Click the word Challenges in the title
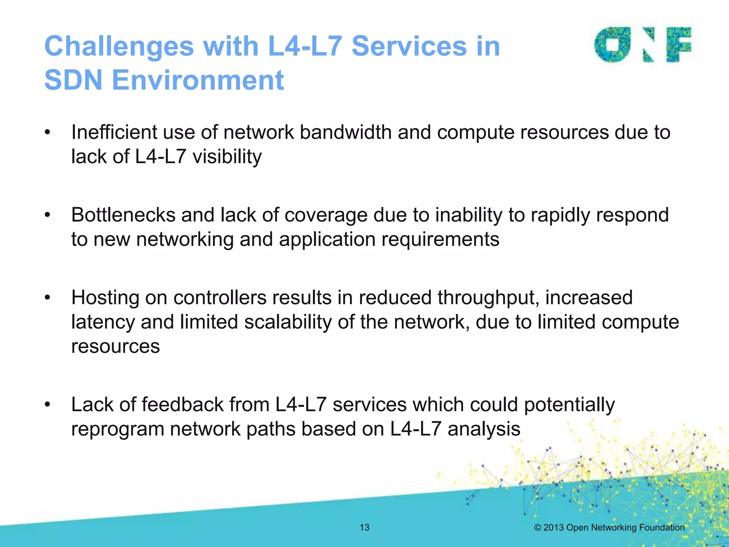click(x=119, y=47)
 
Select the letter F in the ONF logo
click(x=679, y=45)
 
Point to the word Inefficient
click(x=114, y=132)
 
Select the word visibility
click(x=227, y=156)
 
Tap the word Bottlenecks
click(x=123, y=215)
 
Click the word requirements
click(x=440, y=240)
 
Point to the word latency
click(x=103, y=322)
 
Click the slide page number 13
click(x=364, y=527)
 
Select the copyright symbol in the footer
click(x=537, y=527)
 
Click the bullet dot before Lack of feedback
click(x=48, y=405)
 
